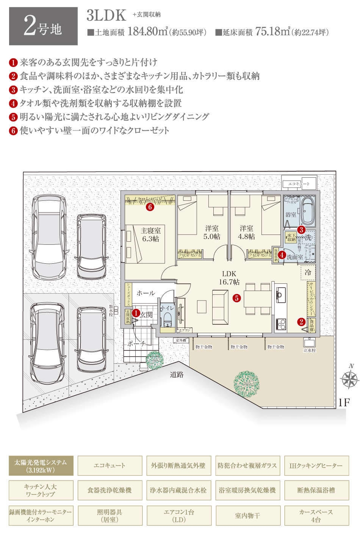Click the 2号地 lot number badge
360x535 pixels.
(43, 27)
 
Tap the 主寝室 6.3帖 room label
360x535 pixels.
(151, 235)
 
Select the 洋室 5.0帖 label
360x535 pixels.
(211, 232)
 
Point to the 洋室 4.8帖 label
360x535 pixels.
(246, 232)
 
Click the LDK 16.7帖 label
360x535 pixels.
(229, 278)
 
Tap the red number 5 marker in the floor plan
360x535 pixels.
(237, 298)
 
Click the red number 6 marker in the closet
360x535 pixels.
(150, 207)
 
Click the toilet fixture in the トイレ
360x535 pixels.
(167, 319)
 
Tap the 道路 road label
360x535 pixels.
(177, 375)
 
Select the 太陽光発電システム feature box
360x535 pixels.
(41, 466)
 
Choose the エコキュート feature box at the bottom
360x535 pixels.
(110, 466)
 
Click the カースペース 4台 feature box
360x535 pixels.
(316, 516)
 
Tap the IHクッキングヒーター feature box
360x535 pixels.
(316, 466)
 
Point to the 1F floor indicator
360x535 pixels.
(344, 402)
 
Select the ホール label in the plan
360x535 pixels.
(146, 293)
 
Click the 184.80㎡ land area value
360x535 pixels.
(147, 32)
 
